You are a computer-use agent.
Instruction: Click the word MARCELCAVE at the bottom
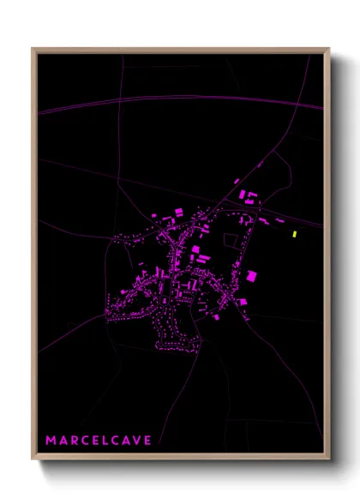pyautogui.click(x=99, y=441)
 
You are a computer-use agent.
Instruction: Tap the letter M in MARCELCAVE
pyautogui.click(x=51, y=441)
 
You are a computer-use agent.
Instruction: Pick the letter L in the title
pyautogui.click(x=109, y=441)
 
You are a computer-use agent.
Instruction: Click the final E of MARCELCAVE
pyautogui.click(x=147, y=441)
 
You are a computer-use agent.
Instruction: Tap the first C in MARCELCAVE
pyautogui.click(x=87, y=441)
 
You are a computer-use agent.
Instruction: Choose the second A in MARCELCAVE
pyautogui.click(x=125, y=441)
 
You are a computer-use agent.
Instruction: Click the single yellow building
pyautogui.click(x=294, y=233)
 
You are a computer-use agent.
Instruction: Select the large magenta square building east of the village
pyautogui.click(x=251, y=275)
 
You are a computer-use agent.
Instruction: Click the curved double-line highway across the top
pyautogui.click(x=171, y=102)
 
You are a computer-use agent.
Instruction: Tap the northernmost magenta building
pyautogui.click(x=237, y=180)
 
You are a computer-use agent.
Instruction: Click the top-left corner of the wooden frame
pyautogui.click(x=33, y=50)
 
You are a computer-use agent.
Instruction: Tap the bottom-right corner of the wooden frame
pyautogui.click(x=328, y=458)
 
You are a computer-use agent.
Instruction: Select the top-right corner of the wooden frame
pyautogui.click(x=328, y=50)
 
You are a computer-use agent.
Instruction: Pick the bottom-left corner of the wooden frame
pyautogui.click(x=33, y=458)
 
